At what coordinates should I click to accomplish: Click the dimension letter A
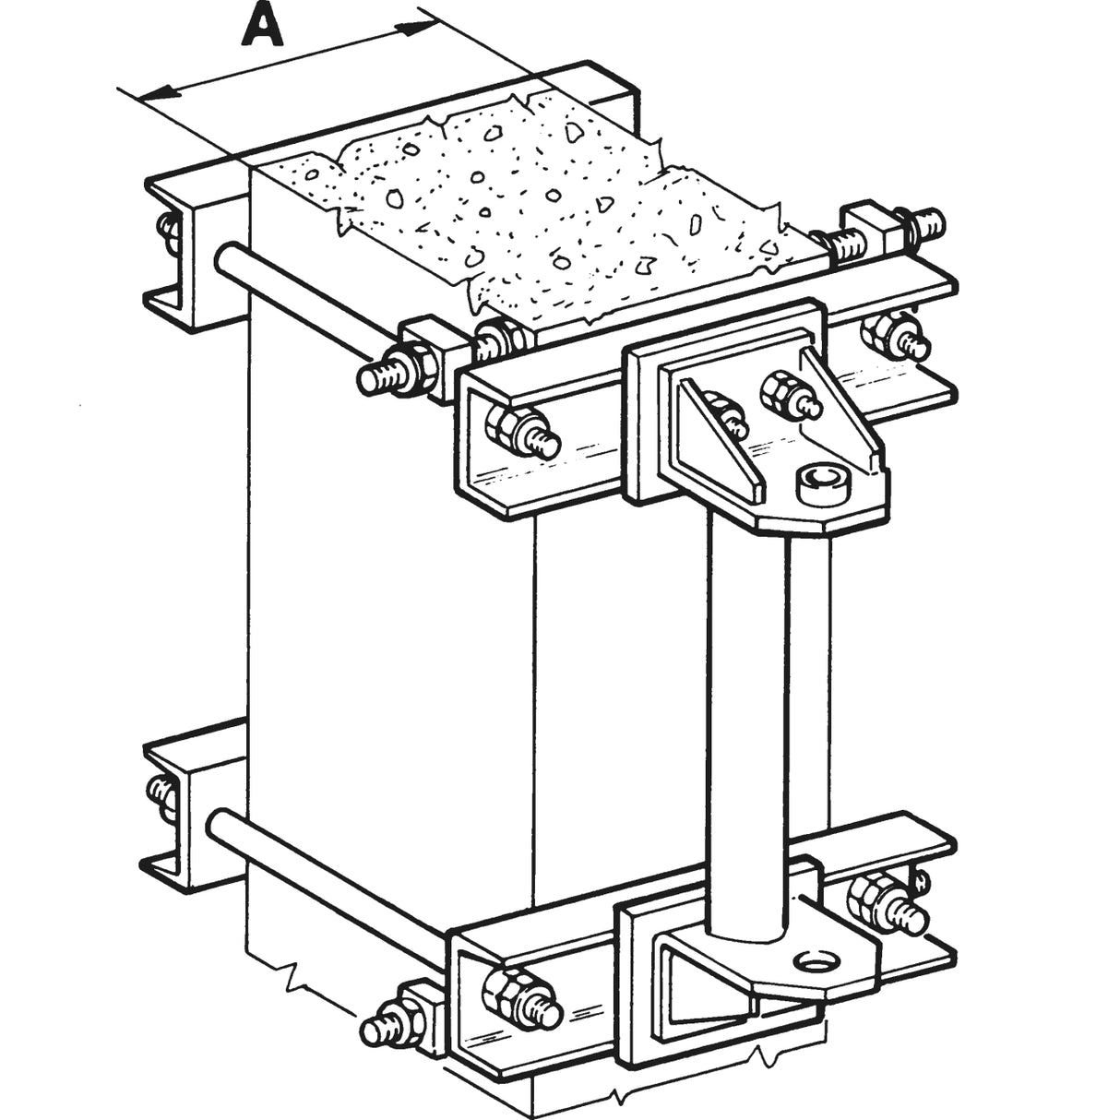click(x=261, y=27)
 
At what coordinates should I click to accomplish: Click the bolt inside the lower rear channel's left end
click(x=161, y=792)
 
